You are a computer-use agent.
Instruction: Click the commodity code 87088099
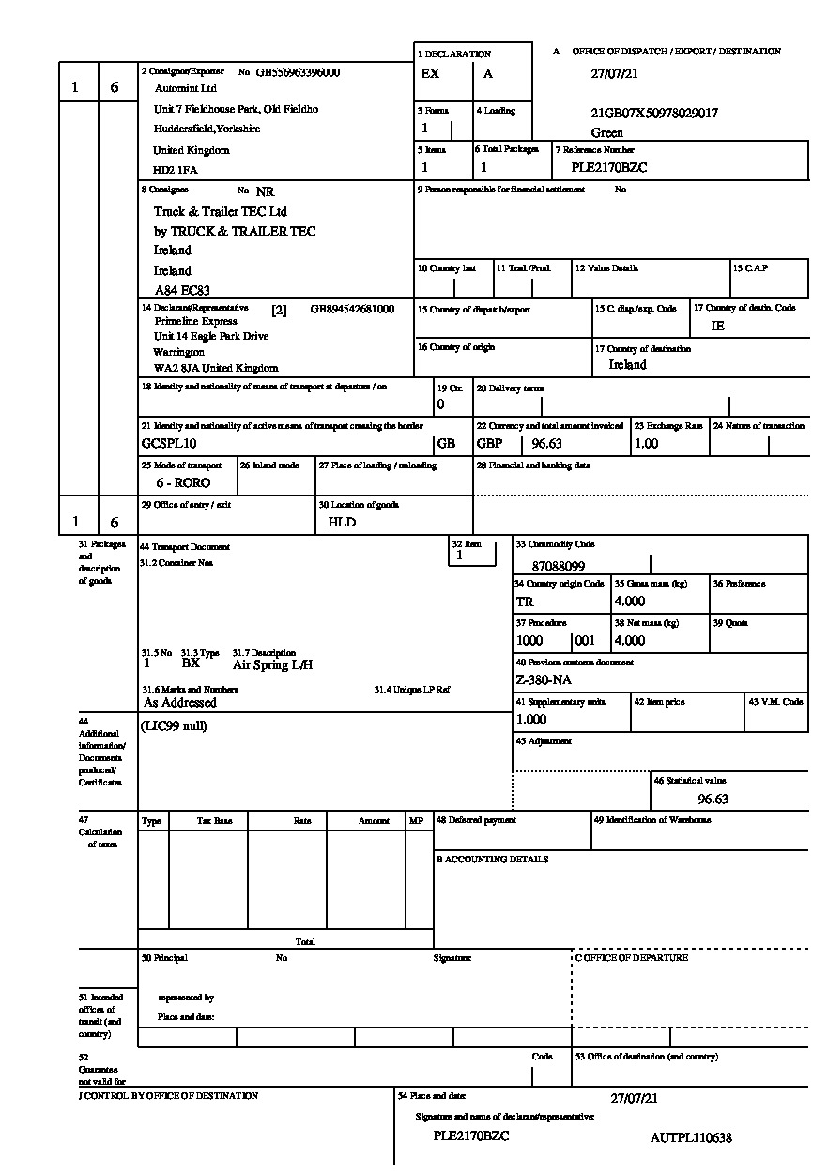pos(558,567)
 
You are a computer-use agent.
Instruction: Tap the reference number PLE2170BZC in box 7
pos(609,168)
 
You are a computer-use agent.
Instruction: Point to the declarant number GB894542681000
pos(352,309)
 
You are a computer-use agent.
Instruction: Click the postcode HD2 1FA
pos(176,171)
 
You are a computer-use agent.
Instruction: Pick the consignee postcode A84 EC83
pos(182,291)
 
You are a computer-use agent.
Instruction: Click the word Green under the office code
pos(607,133)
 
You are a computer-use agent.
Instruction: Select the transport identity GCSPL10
pos(169,443)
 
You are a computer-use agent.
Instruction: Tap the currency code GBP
pos(490,443)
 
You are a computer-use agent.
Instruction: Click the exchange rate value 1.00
pos(647,443)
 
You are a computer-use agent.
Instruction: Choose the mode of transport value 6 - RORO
pos(183,483)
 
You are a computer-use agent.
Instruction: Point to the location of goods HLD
pos(342,523)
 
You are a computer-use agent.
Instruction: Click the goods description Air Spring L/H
pos(272,664)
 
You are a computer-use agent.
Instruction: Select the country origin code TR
pos(525,602)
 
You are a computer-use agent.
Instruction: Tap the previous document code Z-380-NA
pos(544,679)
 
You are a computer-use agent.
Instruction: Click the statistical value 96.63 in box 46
pos(713,800)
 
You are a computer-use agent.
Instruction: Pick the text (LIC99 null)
pos(175,725)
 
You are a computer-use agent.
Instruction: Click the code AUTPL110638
pos(691,1137)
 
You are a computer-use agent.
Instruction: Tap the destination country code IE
pos(718,327)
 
